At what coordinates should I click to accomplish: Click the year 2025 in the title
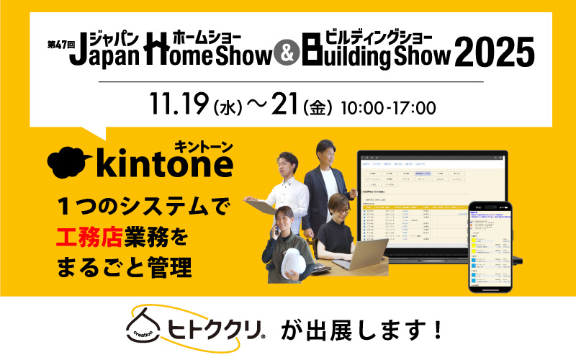coord(495,53)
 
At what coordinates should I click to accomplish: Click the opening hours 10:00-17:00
coord(392,109)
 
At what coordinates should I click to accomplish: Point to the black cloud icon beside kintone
coord(71,164)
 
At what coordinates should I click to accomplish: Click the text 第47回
coord(58,44)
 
